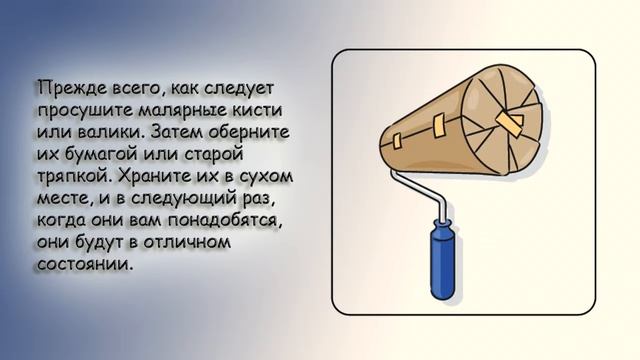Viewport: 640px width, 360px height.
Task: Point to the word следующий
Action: pos(167,200)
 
